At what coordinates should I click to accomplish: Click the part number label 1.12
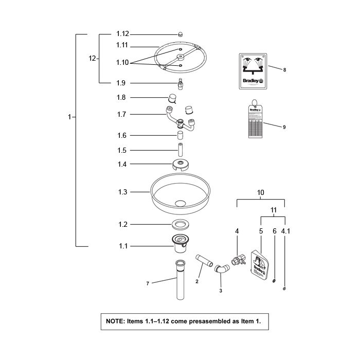(x=122, y=34)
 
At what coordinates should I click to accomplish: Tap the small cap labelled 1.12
(x=181, y=34)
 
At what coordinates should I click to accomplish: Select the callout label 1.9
(x=121, y=83)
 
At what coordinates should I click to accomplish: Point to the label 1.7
(x=121, y=114)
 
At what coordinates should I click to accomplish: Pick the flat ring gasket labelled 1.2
(x=180, y=224)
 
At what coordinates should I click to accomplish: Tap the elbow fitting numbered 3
(x=222, y=269)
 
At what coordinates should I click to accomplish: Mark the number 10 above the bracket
(x=261, y=192)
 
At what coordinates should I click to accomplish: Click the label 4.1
(x=286, y=232)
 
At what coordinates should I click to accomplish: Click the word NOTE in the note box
(x=115, y=321)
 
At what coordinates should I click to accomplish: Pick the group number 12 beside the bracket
(x=93, y=59)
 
